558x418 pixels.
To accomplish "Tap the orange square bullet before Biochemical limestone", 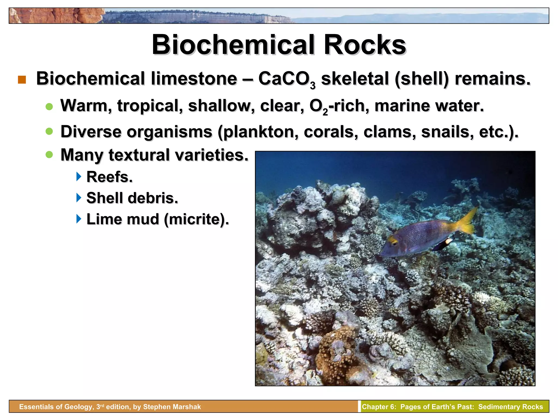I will [x=22, y=80].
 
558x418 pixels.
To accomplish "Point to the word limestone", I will [x=194, y=79].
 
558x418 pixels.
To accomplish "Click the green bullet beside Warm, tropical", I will [x=49, y=107].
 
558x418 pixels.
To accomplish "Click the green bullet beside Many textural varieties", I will [x=49, y=155].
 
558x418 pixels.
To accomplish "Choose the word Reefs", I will [x=109, y=177].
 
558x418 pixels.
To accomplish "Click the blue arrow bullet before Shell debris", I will [x=79, y=198].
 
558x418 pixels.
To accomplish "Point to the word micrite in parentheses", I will [x=196, y=219].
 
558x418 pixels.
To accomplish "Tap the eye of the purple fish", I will [x=393, y=243].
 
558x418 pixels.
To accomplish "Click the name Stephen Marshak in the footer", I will [x=172, y=407].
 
